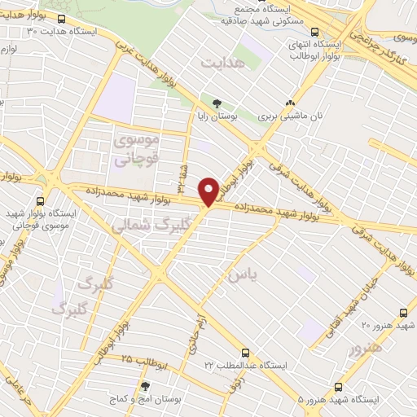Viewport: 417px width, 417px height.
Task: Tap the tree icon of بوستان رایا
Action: [x=217, y=103]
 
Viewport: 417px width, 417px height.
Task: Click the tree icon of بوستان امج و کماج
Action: [x=145, y=386]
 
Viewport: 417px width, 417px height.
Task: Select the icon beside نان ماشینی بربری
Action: [x=290, y=103]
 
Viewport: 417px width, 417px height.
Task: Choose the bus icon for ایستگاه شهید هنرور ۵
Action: [x=338, y=387]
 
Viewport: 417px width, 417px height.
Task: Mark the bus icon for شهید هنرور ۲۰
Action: [x=404, y=312]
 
